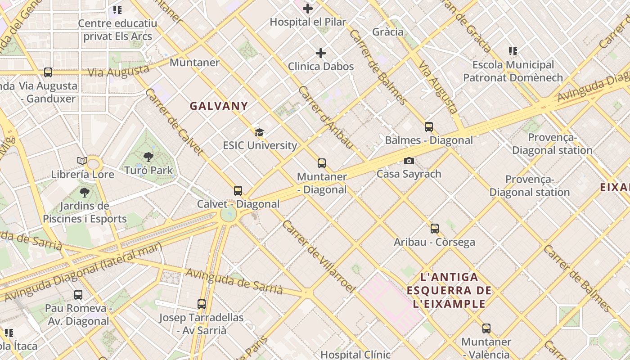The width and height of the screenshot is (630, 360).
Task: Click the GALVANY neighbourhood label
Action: [x=219, y=106]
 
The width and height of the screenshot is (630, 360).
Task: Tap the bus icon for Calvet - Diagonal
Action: [x=238, y=191]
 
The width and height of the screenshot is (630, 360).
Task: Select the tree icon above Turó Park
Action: [x=148, y=157]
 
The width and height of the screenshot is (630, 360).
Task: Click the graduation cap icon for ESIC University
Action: [x=259, y=132]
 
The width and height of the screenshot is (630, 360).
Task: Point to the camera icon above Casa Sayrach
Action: [x=409, y=161]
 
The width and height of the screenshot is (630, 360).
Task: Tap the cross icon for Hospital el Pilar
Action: [x=308, y=9]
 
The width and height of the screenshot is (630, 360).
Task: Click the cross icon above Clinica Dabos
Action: [x=321, y=53]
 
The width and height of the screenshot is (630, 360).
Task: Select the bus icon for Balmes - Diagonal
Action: [x=429, y=127]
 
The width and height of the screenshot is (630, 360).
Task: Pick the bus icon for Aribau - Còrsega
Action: [x=434, y=229]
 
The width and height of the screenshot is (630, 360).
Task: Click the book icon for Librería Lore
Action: [x=82, y=161]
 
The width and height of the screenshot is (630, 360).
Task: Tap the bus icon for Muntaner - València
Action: [x=486, y=328]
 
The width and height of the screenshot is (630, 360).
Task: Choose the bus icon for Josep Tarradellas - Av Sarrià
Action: [x=201, y=304]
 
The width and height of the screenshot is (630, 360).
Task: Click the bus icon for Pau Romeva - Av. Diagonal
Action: [x=78, y=295]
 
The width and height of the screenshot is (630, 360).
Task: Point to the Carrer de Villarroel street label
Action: [x=319, y=256]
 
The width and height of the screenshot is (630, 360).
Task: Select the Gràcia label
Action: [x=388, y=32]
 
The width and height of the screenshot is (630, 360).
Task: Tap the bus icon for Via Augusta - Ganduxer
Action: [x=48, y=72]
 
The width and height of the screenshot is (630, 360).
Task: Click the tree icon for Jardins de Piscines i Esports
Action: [x=84, y=193]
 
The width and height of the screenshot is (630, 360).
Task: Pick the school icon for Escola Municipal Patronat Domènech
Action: [x=513, y=51]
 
